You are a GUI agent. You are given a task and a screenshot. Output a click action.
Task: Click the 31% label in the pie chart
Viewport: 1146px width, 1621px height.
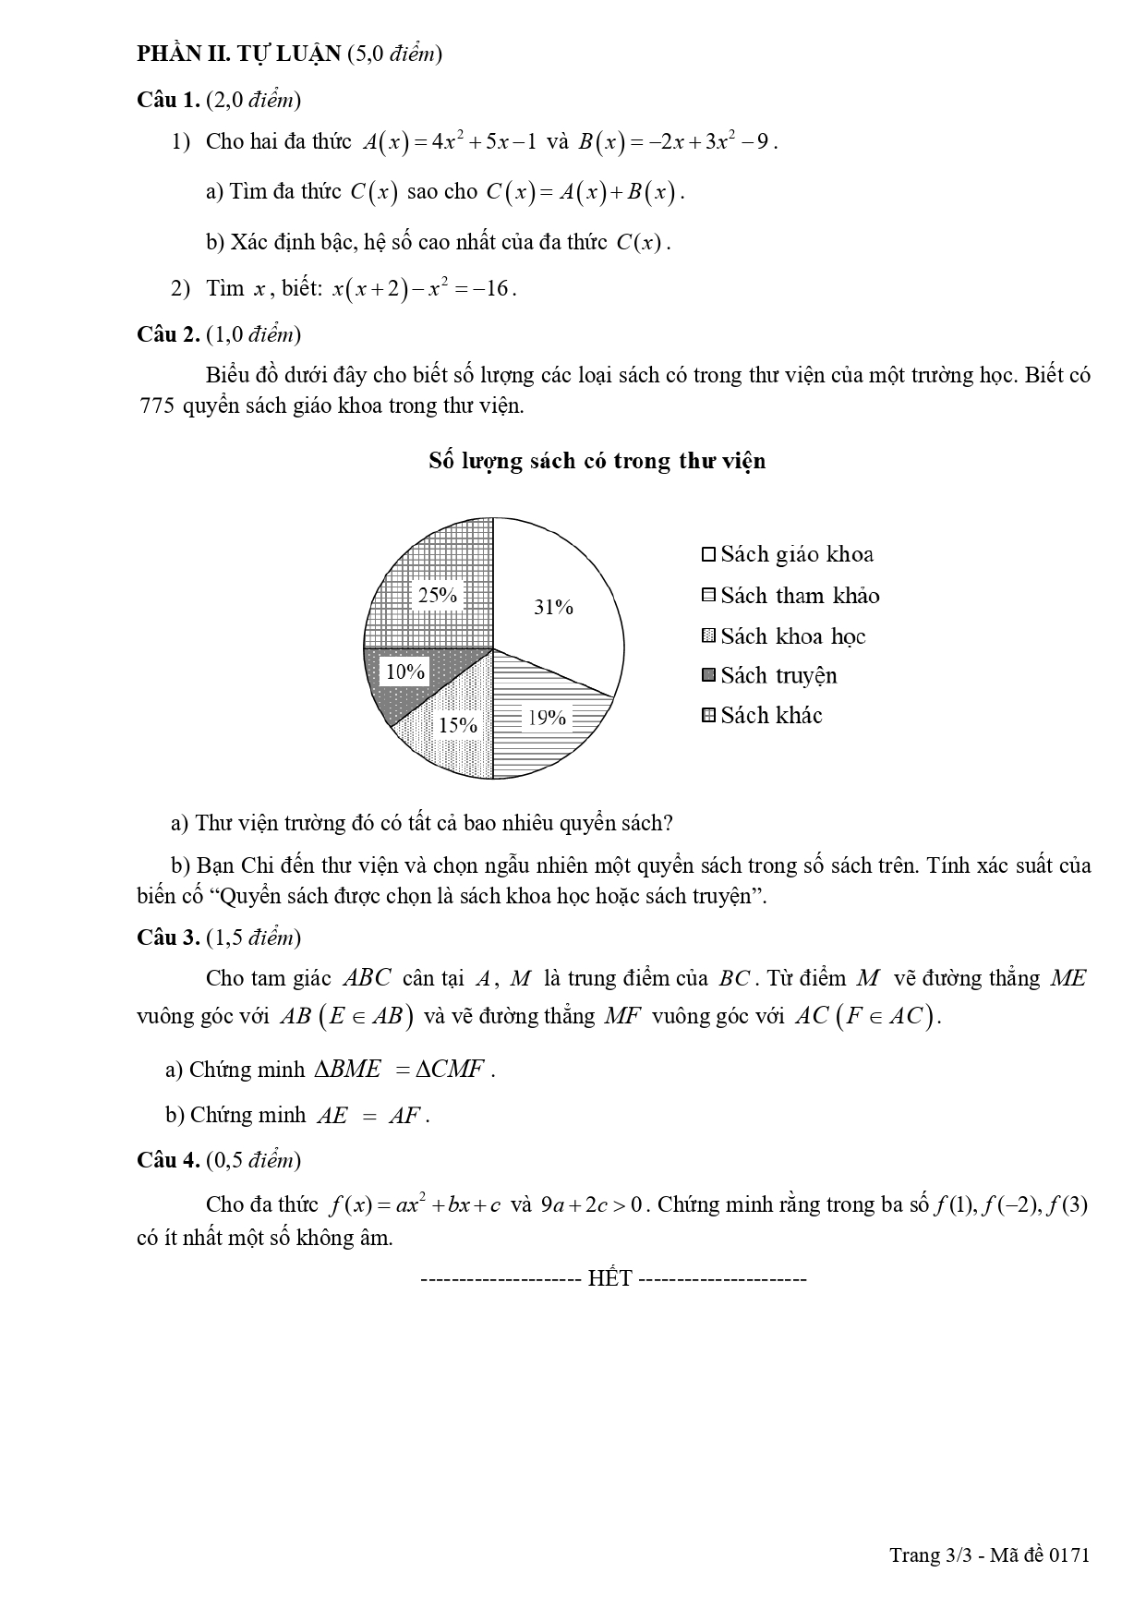(x=553, y=607)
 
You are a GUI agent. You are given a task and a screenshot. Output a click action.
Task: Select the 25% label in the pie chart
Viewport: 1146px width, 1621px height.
(x=438, y=595)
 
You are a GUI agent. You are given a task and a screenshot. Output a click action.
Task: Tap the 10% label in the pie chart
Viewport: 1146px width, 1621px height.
(x=404, y=671)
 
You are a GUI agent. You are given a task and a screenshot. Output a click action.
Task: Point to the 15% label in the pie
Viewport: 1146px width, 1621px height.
(x=457, y=725)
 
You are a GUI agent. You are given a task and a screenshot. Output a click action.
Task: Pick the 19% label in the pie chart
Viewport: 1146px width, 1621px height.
(x=547, y=717)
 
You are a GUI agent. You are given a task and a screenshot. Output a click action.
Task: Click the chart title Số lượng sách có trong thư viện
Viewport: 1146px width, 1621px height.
(x=597, y=461)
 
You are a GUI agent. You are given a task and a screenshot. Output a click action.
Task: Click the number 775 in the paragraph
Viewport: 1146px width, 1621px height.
(x=156, y=405)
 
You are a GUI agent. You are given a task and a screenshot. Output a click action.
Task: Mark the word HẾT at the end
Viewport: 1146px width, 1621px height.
(x=609, y=1278)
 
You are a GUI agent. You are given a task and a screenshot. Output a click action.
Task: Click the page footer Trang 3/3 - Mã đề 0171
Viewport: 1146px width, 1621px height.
(x=989, y=1554)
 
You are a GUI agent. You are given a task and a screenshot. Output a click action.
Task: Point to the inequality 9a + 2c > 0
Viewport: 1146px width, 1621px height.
(x=595, y=1205)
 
